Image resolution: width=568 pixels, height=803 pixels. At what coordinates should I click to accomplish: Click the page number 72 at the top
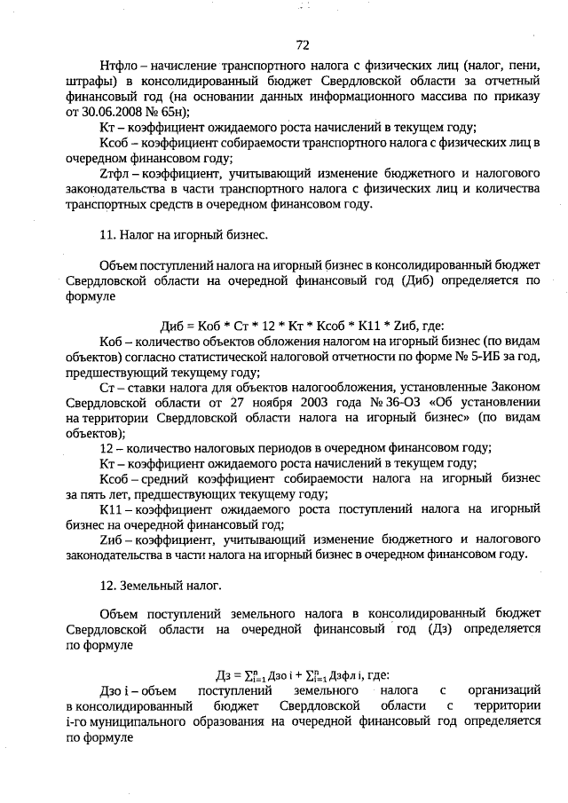click(x=303, y=45)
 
